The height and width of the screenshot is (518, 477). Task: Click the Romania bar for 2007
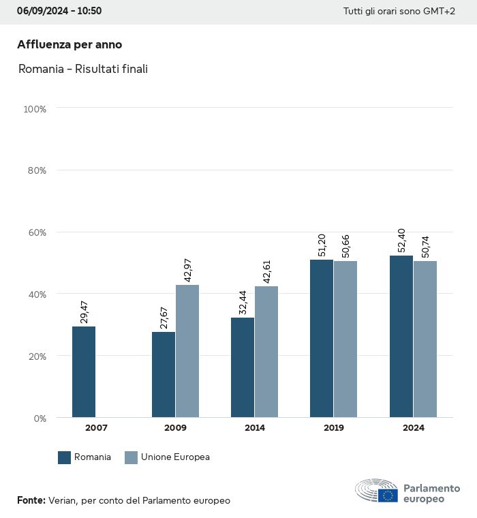84,371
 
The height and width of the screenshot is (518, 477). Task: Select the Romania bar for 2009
164,374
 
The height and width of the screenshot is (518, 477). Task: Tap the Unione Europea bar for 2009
187,350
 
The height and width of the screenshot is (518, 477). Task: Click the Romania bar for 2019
322,338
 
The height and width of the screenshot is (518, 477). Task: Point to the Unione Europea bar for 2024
425,339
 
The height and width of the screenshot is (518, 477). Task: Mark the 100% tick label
34,109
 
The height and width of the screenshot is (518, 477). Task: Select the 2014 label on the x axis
254,428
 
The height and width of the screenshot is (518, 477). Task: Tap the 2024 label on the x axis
413,428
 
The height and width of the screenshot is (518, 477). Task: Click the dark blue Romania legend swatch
65,457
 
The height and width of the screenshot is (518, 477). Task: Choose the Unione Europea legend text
175,457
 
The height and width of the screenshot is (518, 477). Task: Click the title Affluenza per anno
70,45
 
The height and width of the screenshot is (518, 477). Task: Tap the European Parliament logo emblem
377,491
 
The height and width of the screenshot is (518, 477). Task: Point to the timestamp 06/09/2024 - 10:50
59,11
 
